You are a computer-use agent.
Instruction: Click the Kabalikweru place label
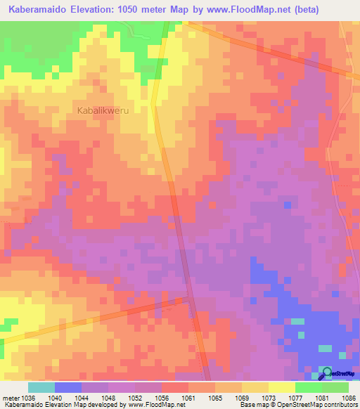(104, 110)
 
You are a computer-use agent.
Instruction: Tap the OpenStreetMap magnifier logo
(327, 373)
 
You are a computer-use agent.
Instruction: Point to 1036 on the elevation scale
(34, 397)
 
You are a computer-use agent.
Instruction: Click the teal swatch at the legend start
(41, 387)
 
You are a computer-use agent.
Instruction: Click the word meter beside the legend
(11, 397)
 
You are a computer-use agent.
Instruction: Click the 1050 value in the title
(142, 10)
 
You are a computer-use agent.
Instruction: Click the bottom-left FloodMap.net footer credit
(91, 405)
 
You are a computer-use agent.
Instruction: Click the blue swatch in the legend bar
(67, 387)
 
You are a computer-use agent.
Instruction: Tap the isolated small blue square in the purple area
(287, 204)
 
